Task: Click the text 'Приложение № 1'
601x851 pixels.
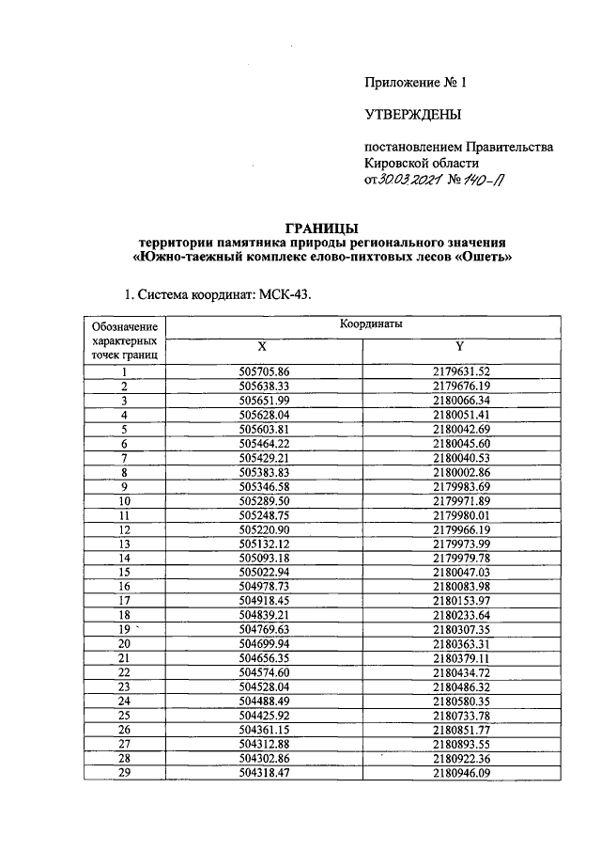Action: coord(415,82)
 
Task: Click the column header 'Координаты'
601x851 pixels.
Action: coord(371,323)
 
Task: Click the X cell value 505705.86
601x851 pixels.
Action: coord(265,371)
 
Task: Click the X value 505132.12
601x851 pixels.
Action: coord(265,544)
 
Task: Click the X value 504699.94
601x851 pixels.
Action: coord(265,644)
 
